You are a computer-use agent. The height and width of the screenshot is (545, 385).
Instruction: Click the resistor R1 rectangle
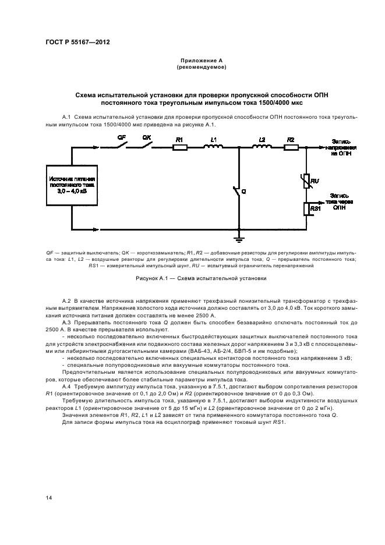(180, 148)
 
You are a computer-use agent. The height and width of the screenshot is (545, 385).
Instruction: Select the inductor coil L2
(262, 147)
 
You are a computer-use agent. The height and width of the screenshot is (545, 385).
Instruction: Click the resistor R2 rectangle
(291, 148)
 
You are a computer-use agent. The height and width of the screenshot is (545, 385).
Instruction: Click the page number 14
(48, 497)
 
